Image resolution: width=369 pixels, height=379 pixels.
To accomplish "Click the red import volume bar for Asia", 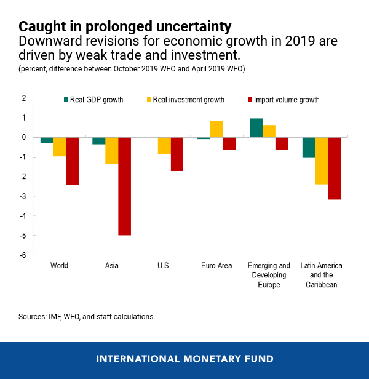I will tap(125, 186).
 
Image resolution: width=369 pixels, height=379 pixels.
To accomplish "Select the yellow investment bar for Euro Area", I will tap(216, 129).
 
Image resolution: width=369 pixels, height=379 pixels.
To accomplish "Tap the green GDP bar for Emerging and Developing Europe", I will tap(256, 127).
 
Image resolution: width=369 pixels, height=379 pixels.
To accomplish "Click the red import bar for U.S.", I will tap(177, 154).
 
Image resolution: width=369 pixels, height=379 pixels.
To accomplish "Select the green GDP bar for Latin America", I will tap(308, 147).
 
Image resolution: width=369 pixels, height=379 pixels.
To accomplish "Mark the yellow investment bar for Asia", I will tap(111, 151).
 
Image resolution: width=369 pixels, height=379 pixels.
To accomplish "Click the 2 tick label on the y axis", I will tap(24, 98).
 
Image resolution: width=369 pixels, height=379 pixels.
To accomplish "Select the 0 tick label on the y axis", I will tap(24, 137).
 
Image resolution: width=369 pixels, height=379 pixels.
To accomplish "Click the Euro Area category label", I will tap(216, 266).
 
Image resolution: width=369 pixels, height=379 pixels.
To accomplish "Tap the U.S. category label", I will tap(164, 266).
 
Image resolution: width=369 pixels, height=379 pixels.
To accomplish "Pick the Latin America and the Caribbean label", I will tap(321, 275).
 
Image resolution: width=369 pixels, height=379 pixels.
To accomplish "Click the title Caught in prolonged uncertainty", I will tap(125, 26).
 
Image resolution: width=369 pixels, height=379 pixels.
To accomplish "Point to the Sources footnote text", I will tap(86, 317).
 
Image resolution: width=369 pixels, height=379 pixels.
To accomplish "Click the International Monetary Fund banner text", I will tap(184, 359).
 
